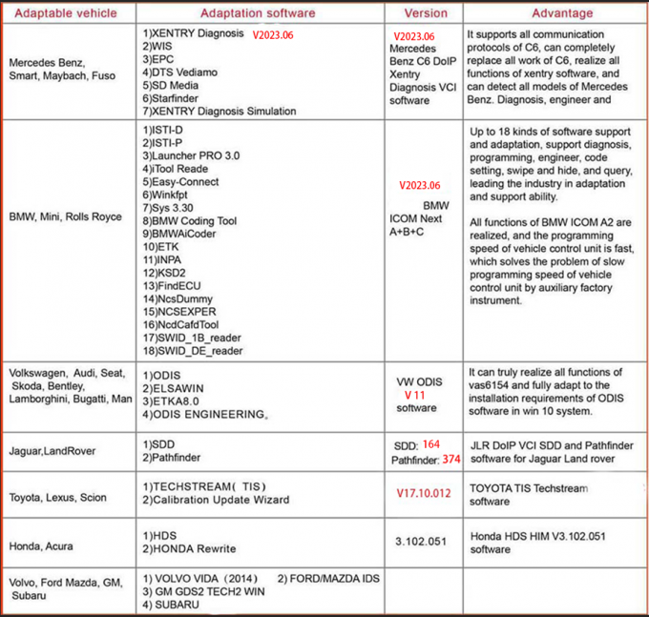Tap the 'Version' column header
click(x=425, y=13)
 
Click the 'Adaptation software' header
click(x=258, y=13)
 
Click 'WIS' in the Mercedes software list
click(x=161, y=45)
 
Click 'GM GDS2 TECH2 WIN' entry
click(x=206, y=591)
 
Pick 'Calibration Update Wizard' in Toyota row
click(x=220, y=500)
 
